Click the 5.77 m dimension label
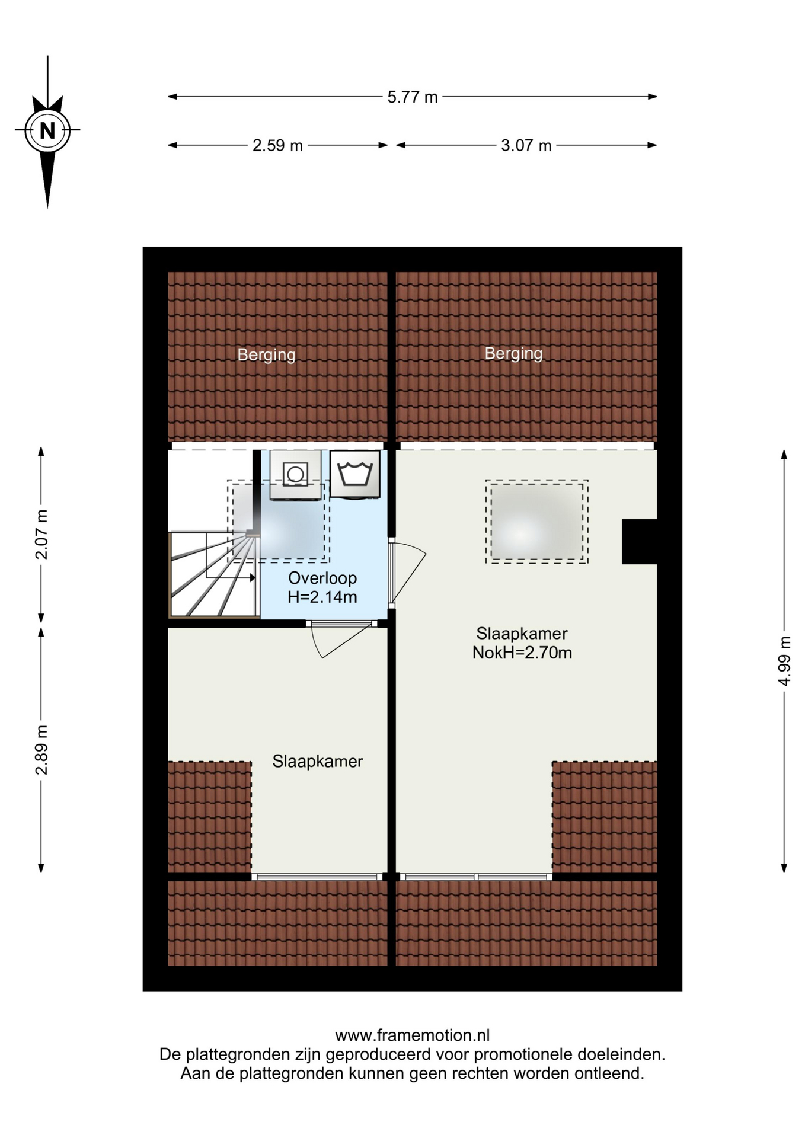[x=413, y=97]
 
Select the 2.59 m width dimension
[x=277, y=145]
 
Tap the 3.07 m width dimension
[x=526, y=145]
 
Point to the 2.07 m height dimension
[x=41, y=534]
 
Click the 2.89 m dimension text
[x=41, y=750]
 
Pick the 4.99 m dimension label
[x=784, y=661]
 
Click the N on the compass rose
[x=47, y=130]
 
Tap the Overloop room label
[x=322, y=578]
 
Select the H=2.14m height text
[x=322, y=597]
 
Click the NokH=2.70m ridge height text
[x=522, y=653]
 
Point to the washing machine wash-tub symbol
[x=355, y=474]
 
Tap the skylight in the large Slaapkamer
[x=537, y=521]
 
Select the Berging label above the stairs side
[x=267, y=354]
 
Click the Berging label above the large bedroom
[x=513, y=353]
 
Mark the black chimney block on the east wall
[x=640, y=542]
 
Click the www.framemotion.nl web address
[x=413, y=1035]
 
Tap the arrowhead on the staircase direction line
[x=253, y=577]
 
